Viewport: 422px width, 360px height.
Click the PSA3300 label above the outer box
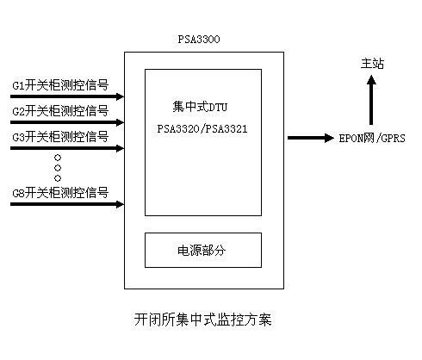click(199, 40)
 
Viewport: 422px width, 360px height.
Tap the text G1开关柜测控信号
click(60, 85)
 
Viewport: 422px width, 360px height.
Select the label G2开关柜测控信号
click(60, 111)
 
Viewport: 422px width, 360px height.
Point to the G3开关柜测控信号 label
click(60, 137)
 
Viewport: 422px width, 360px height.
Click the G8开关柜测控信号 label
click(60, 193)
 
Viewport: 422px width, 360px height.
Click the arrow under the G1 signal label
click(67, 96)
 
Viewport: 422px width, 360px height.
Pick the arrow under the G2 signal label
click(67, 122)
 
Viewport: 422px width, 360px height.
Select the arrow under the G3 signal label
click(67, 148)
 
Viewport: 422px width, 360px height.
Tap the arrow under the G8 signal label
click(67, 204)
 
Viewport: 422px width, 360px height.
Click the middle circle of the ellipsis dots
click(58, 168)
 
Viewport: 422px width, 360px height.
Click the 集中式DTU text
click(200, 107)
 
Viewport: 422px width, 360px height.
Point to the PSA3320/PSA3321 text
click(202, 129)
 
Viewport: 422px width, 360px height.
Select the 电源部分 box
click(203, 250)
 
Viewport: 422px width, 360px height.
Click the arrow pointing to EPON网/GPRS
click(311, 138)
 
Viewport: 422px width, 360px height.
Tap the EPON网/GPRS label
click(372, 139)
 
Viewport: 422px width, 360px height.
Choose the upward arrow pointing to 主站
click(371, 100)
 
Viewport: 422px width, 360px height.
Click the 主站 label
click(372, 64)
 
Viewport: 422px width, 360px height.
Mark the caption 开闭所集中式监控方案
click(203, 320)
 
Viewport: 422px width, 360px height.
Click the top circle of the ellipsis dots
click(58, 158)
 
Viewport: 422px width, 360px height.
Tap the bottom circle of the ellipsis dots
click(58, 178)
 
